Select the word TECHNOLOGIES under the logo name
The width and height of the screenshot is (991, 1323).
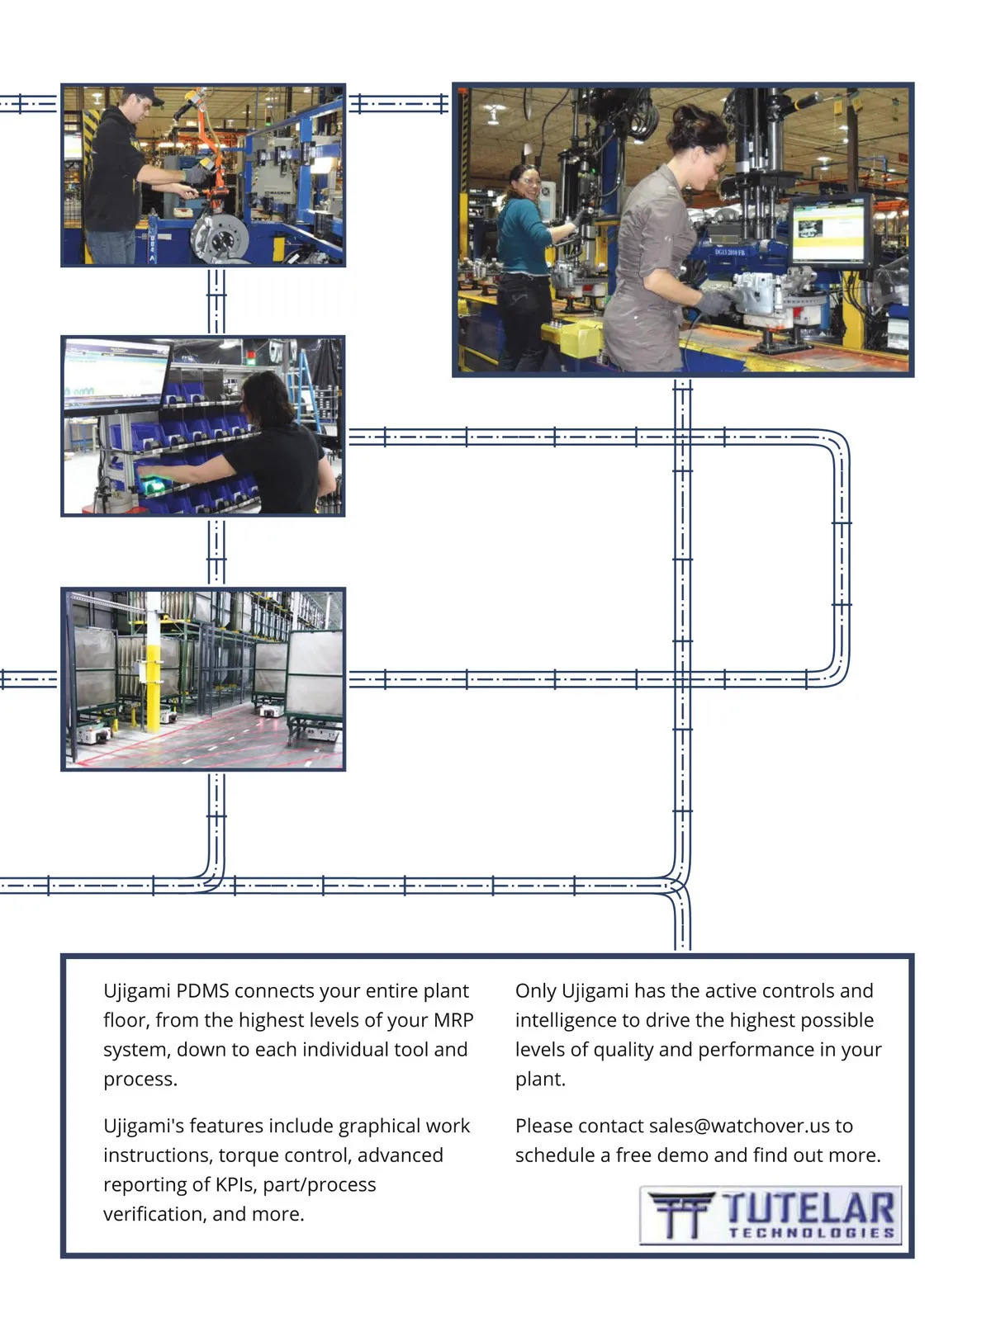pos(811,1232)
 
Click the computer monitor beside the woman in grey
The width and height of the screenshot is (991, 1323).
pos(831,231)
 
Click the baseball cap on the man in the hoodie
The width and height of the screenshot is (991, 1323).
pos(145,94)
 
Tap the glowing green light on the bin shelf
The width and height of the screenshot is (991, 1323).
pos(151,482)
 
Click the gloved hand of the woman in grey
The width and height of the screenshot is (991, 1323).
pos(714,301)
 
